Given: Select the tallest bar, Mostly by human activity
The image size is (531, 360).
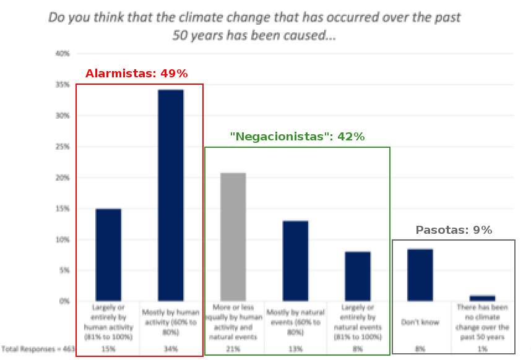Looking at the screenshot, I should coord(171,195).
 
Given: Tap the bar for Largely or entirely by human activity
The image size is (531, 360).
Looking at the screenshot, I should coord(108,255).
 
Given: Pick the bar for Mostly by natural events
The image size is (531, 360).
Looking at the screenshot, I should coord(295,261).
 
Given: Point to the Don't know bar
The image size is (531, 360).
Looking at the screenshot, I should coord(420,275).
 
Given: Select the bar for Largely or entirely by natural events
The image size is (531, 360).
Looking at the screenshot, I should coord(358,276).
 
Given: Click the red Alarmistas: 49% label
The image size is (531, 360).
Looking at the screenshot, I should coord(136,74).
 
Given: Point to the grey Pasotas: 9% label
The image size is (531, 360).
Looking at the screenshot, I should coord(454,230).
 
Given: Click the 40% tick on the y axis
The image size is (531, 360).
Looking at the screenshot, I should coord(63,54).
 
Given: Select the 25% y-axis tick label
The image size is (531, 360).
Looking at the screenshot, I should coord(63,147).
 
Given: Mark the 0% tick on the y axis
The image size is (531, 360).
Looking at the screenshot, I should coord(64,301).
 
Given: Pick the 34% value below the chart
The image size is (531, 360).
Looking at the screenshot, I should coord(171,349).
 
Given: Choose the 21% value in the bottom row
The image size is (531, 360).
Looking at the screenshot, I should coord(233,349).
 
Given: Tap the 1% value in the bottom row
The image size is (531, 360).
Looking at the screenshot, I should coord(482,349).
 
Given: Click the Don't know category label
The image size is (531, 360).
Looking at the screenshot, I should coord(420,322).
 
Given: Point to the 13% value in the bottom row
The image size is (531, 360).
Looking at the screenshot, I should coord(295,349).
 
